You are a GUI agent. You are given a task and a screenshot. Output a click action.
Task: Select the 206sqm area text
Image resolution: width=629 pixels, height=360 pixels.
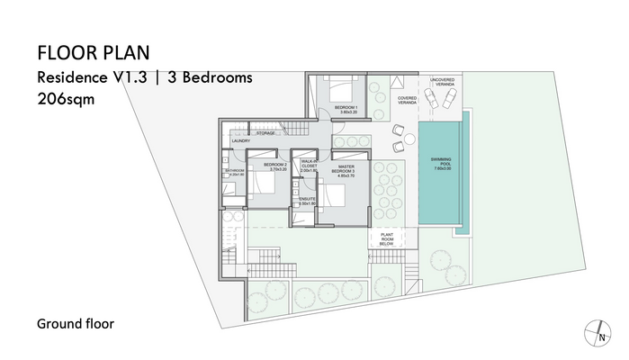[66, 100]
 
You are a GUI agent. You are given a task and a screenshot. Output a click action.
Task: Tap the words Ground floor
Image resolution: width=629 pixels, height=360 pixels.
[75, 323]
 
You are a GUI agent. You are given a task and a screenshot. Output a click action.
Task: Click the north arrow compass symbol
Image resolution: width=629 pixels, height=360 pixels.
[595, 333]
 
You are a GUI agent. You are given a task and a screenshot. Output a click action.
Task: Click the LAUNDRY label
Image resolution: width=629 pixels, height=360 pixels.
[240, 141]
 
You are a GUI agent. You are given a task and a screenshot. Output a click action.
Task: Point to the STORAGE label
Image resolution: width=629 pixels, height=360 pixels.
[265, 133]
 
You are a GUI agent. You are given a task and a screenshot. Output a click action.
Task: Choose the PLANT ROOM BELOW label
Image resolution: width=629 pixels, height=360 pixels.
[388, 238]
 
